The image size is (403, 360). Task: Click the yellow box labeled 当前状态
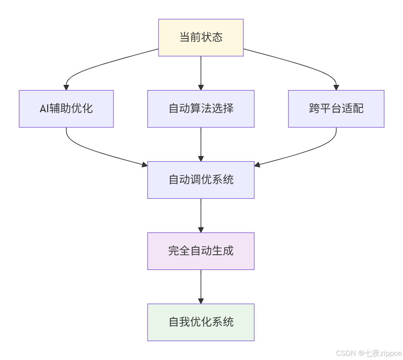click(201, 37)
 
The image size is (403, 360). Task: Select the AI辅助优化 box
click(66, 108)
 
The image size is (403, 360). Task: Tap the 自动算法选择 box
click(201, 108)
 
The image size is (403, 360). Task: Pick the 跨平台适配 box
click(336, 108)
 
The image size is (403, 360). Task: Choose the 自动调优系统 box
click(201, 180)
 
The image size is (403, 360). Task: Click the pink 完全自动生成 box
click(201, 251)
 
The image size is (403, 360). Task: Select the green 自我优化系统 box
click(201, 322)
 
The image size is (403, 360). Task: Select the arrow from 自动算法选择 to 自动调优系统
click(201, 144)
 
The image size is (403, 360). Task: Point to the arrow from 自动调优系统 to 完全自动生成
click(201, 215)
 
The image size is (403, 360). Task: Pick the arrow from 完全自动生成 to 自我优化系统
click(201, 286)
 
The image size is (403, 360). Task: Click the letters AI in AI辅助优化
click(44, 109)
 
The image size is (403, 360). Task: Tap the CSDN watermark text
click(346, 353)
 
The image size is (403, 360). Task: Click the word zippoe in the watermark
click(391, 353)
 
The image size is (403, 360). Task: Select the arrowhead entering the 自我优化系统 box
click(201, 301)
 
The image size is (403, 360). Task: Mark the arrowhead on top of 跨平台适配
click(336, 88)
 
